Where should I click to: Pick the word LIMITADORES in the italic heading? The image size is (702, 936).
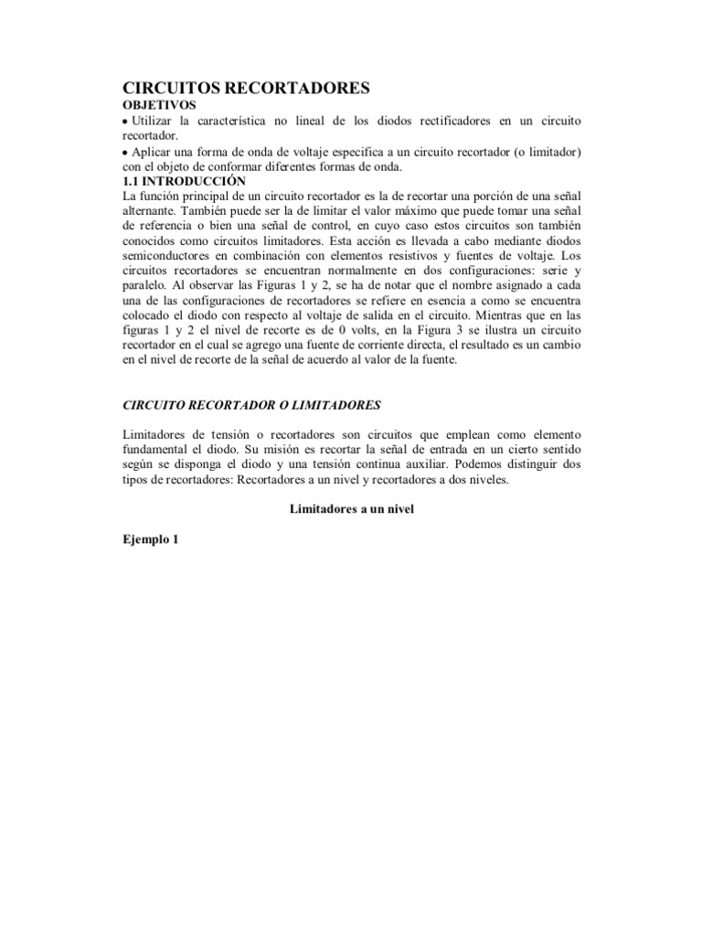331,404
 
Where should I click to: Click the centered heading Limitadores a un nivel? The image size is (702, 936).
352,509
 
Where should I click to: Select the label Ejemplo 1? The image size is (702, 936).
151,539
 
